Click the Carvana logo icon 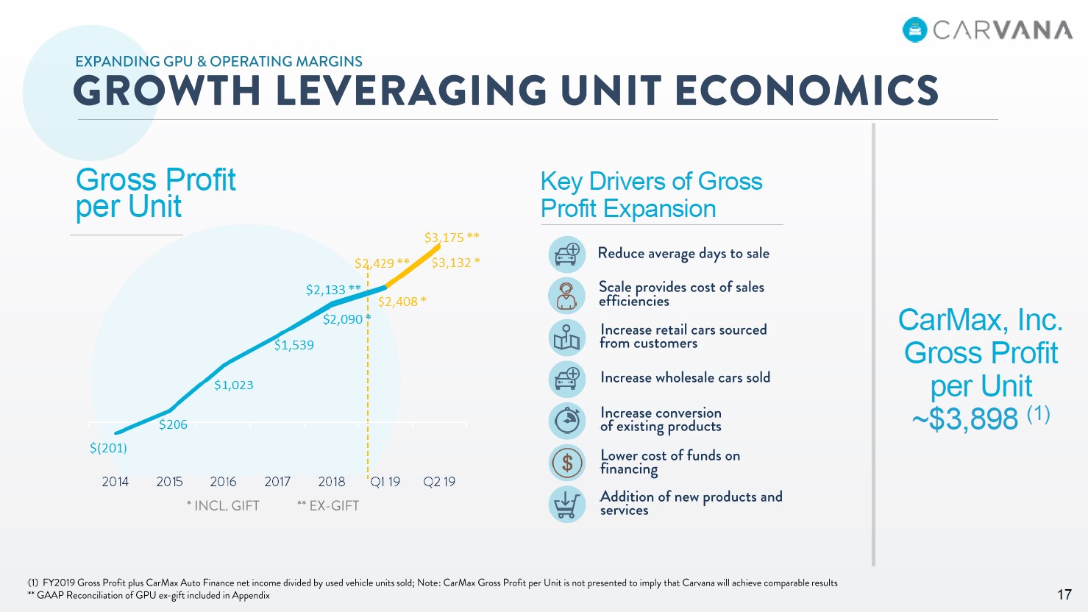coord(915,29)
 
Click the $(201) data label coord(108,448)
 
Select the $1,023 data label coord(233,385)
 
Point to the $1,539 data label coord(294,345)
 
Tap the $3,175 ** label coord(451,238)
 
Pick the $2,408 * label coord(402,302)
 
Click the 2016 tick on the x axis coord(223,482)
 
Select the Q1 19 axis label coord(385,482)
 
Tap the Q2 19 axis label coord(439,482)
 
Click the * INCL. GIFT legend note coord(223,506)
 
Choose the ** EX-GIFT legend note coord(328,506)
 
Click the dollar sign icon coord(566,463)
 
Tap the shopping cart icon coord(566,505)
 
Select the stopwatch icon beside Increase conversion coord(566,420)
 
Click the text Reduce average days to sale coord(683,254)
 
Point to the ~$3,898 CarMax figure coord(964,419)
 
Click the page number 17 coord(1064,594)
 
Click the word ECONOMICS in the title coord(806,91)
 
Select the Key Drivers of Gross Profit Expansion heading coord(651,195)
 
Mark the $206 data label coord(173,424)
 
